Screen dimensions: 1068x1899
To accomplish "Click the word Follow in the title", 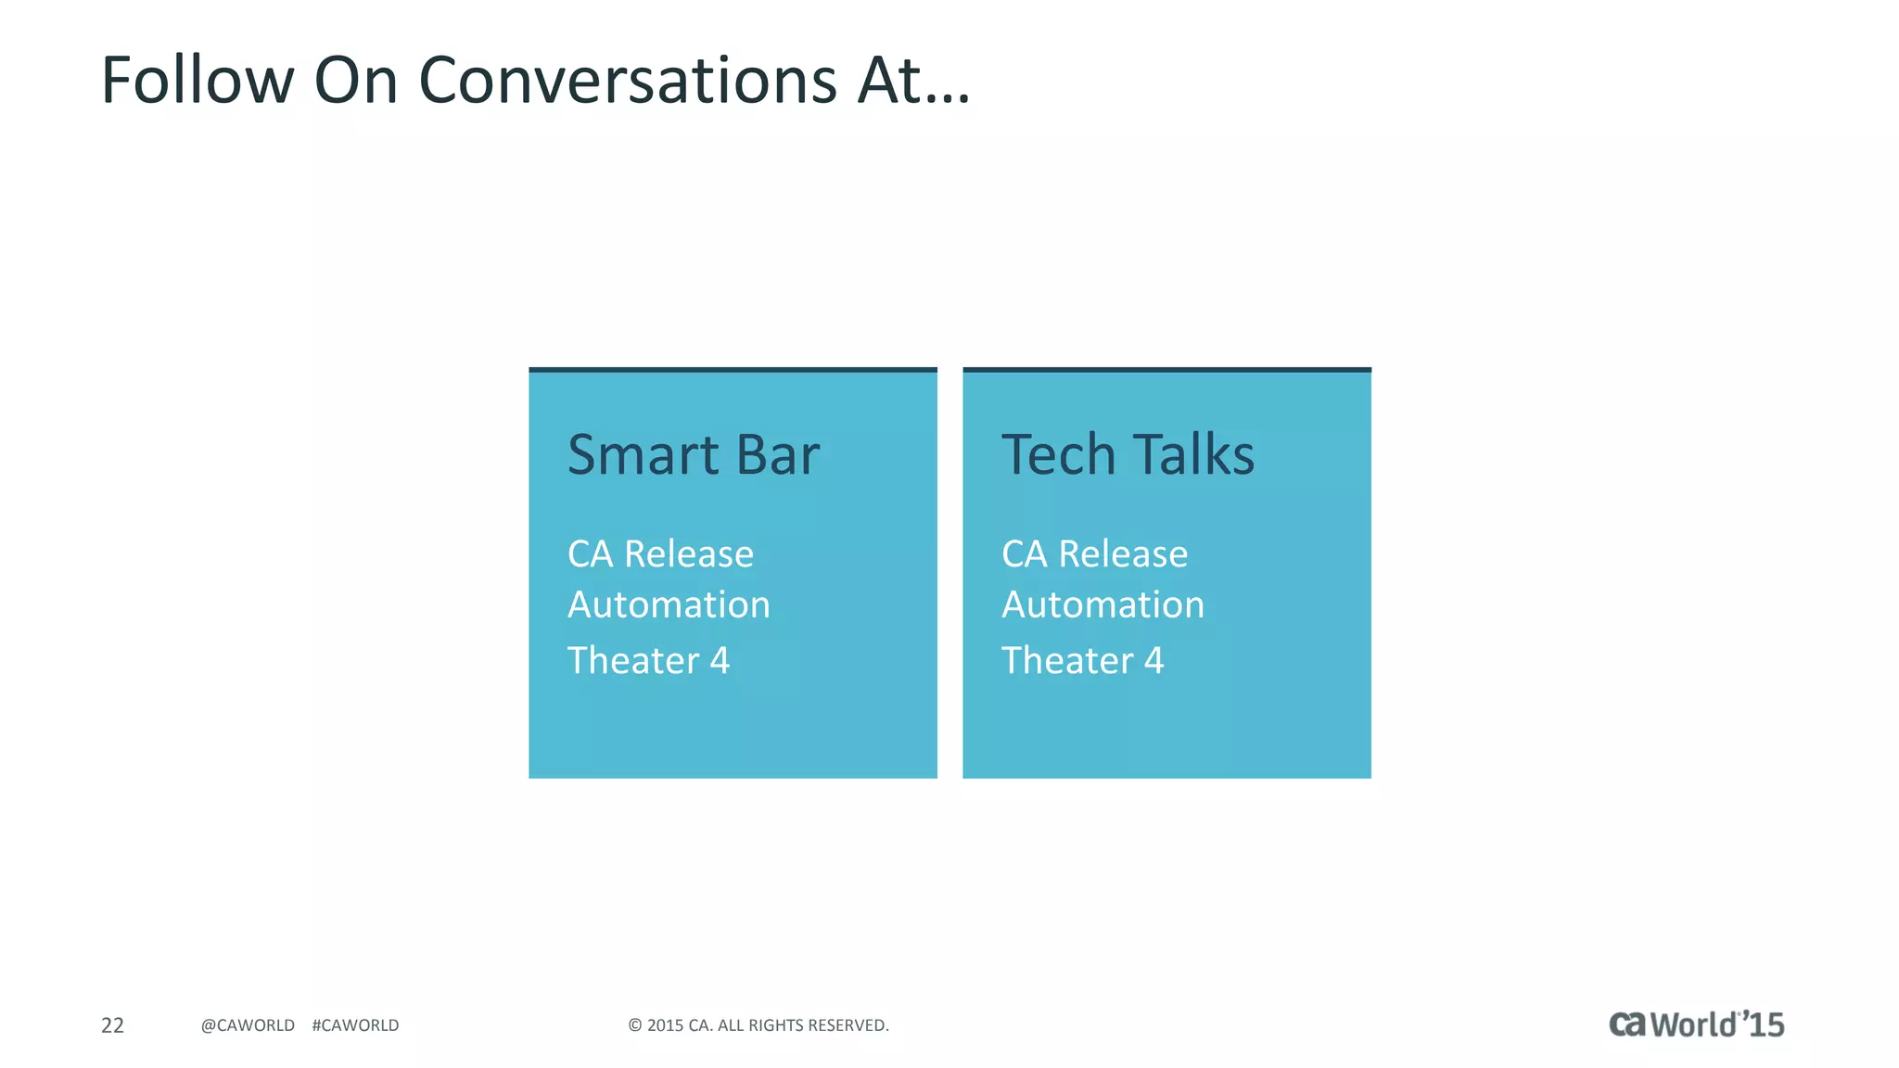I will coord(197,81).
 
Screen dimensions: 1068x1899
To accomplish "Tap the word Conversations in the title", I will coord(628,81).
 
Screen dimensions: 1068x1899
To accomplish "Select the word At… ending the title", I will coord(913,81).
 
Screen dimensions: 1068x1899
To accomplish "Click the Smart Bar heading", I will coord(694,454).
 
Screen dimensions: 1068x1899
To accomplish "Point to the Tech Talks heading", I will coord(1128,454).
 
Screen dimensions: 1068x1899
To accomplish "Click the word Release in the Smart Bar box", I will coord(689,554).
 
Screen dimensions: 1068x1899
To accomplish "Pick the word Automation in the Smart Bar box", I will coord(669,605).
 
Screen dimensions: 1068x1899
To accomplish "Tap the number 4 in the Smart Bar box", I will coord(720,661).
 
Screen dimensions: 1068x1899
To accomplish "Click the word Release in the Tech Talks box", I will coord(1123,554).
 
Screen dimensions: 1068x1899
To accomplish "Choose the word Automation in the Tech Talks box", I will coord(1102,605).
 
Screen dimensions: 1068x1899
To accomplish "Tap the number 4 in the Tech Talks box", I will coord(1153,661).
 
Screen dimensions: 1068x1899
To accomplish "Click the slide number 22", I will coord(112,1025).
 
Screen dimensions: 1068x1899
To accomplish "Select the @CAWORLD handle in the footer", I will coord(248,1025).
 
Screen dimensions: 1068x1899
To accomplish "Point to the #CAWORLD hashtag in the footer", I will coord(355,1025).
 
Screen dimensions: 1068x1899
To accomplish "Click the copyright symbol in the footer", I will coord(635,1025).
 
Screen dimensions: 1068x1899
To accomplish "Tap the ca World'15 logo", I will coord(1696,1024).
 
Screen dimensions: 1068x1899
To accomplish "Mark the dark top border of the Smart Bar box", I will coord(733,370).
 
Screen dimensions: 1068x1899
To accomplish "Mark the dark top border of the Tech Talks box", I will coord(1166,370).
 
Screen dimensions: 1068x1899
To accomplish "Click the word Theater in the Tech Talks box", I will coord(1067,661).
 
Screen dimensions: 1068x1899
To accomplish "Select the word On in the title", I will coord(356,81).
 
